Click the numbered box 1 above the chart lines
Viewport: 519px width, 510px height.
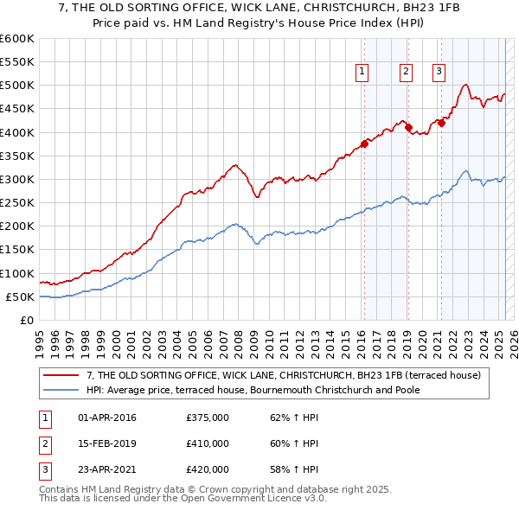(x=361, y=73)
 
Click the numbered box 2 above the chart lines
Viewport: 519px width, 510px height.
(x=406, y=73)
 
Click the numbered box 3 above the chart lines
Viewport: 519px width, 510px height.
(x=439, y=73)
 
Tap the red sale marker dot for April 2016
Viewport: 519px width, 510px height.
(x=364, y=143)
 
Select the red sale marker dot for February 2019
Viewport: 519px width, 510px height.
(x=408, y=127)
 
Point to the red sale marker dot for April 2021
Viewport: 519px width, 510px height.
(x=441, y=123)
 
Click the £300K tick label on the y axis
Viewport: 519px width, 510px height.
(x=17, y=179)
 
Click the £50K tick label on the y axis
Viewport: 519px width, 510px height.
(x=21, y=296)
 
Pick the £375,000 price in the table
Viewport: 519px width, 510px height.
(x=208, y=418)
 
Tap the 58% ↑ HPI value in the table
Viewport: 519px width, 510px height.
(x=294, y=469)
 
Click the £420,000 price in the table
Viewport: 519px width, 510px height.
(x=208, y=469)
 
